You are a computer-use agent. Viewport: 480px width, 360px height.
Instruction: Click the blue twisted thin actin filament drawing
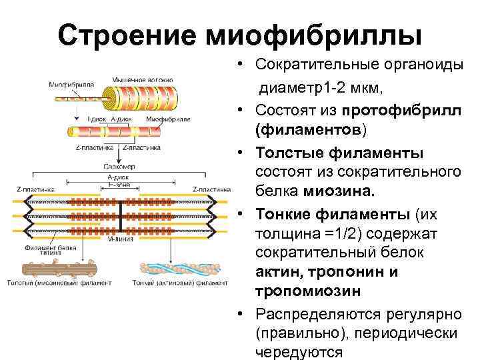point(177,267)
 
